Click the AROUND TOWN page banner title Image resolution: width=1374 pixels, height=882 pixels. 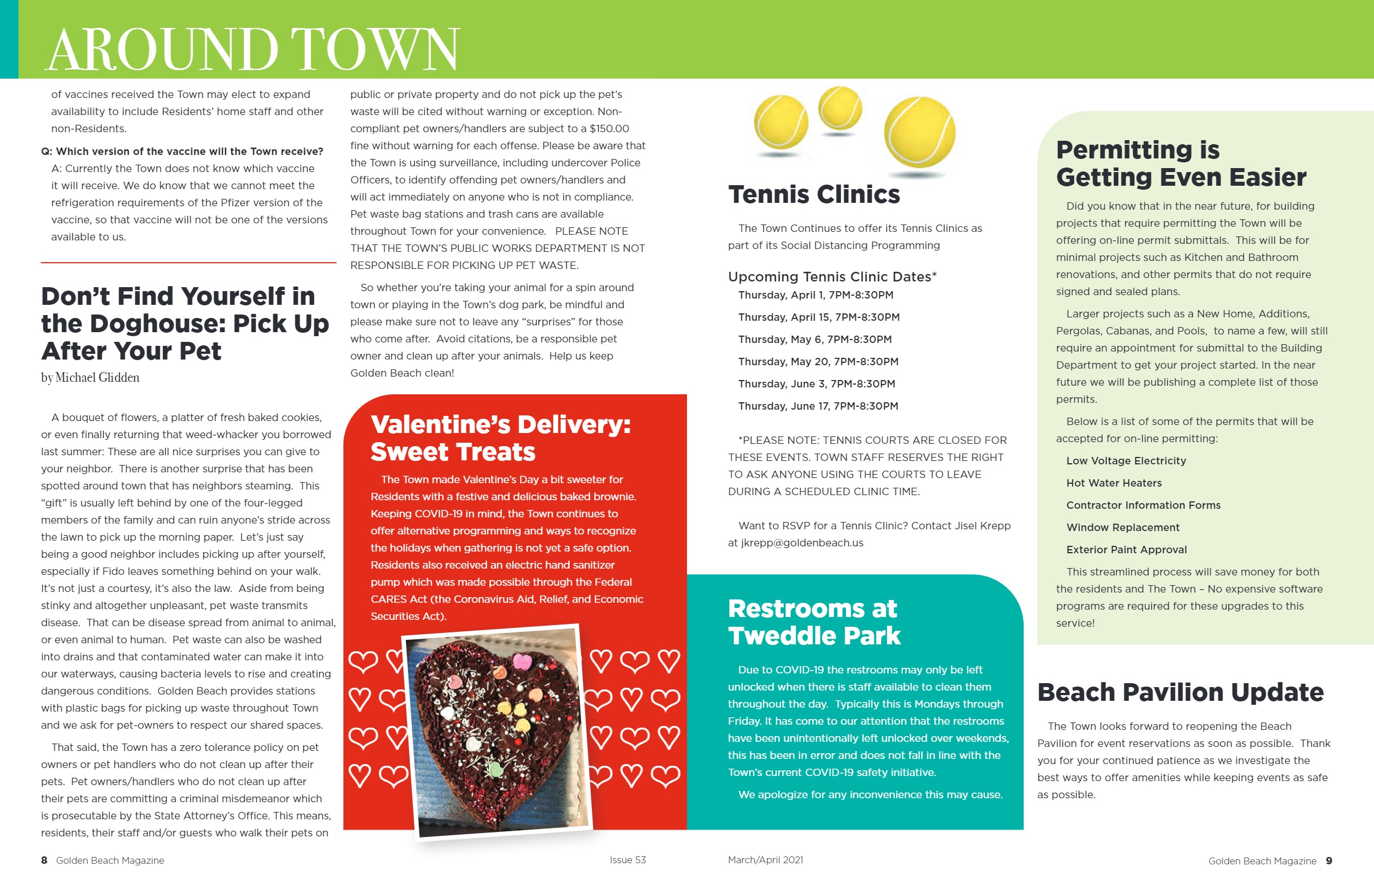(252, 49)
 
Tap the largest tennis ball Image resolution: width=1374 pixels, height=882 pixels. (919, 133)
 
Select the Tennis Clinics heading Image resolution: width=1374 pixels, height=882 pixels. (813, 195)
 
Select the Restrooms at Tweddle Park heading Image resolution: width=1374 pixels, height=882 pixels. (813, 622)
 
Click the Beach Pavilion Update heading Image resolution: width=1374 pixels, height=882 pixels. (1180, 692)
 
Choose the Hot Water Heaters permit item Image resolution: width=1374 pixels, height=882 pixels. (1114, 483)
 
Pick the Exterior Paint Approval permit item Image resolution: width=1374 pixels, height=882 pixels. (1126, 550)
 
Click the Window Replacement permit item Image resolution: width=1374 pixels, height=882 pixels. (1122, 528)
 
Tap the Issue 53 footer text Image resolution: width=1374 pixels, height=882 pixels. (627, 860)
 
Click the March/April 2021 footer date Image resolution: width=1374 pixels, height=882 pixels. (765, 860)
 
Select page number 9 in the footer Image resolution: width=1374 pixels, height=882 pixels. (1329, 861)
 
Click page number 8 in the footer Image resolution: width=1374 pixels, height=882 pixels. (44, 860)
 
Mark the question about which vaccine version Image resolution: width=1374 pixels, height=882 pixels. (182, 152)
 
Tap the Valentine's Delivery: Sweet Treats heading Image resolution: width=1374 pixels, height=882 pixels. (500, 438)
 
